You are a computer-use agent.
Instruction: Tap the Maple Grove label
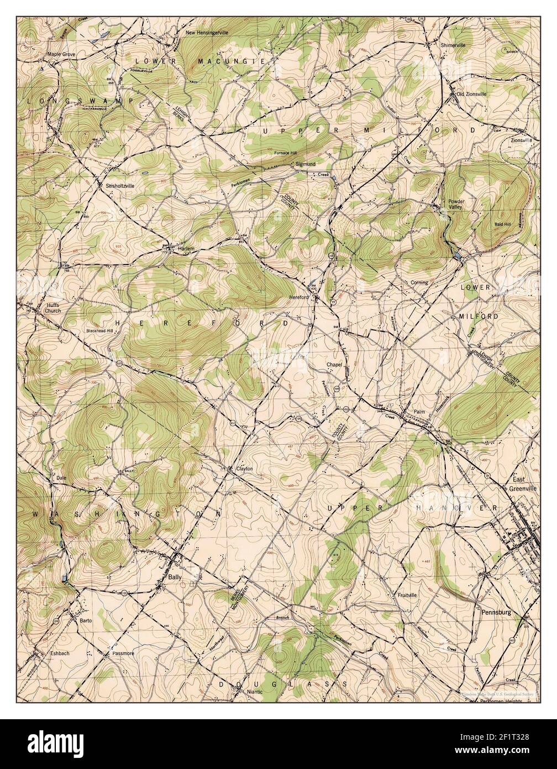(61, 55)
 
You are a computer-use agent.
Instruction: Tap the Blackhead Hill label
(99, 331)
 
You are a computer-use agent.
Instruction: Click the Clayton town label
(244, 469)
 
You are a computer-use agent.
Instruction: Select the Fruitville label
(406, 595)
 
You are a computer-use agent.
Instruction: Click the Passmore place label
(123, 653)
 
